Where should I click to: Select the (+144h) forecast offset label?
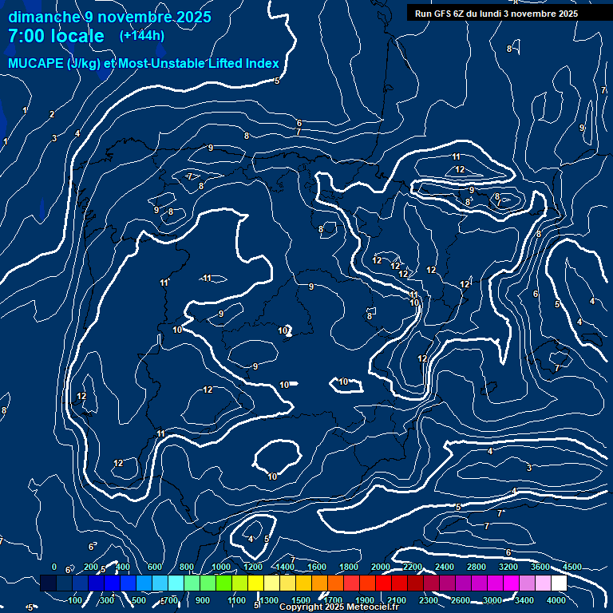[141, 35]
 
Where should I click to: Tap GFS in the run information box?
[441, 14]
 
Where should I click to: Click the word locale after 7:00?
[77, 36]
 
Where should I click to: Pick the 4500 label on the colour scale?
[571, 567]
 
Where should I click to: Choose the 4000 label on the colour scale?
[556, 600]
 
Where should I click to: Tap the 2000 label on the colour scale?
[381, 567]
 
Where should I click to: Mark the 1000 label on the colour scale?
[220, 567]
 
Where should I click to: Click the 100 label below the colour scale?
[77, 600]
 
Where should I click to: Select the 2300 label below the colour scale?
[429, 600]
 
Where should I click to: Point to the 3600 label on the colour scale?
[540, 567]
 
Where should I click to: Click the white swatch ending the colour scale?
[558, 583]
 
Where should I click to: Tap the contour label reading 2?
[52, 114]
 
